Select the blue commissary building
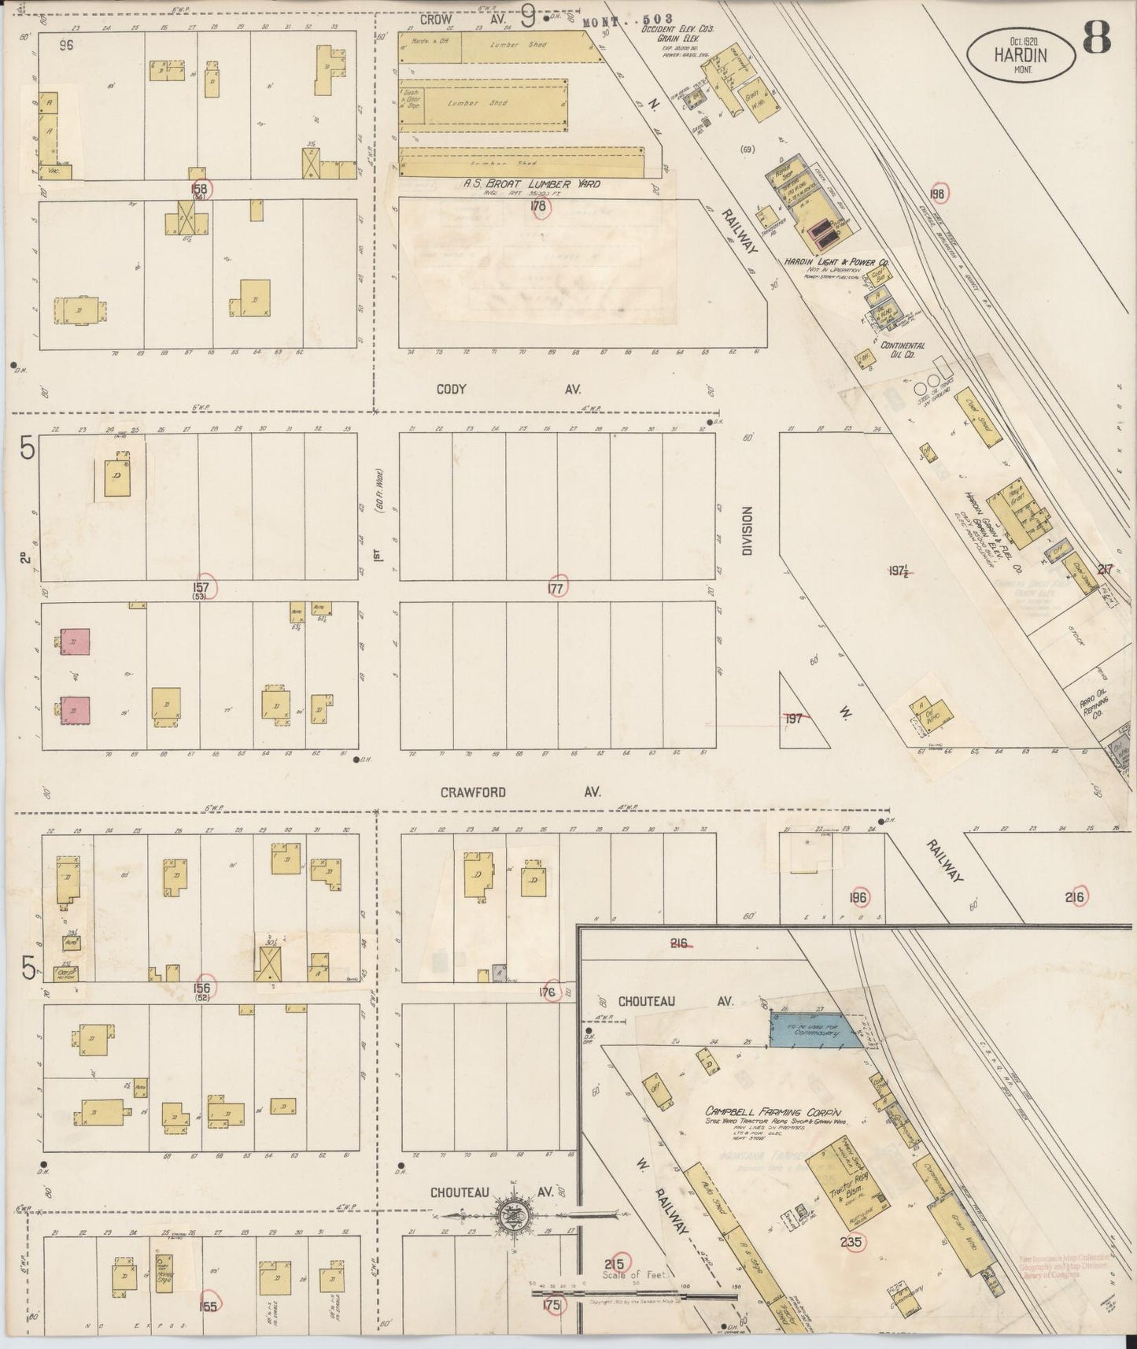pyautogui.click(x=817, y=1030)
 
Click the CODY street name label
pyautogui.click(x=452, y=389)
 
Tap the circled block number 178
pyautogui.click(x=539, y=207)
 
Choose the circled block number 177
pyautogui.click(x=558, y=587)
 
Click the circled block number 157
pyautogui.click(x=203, y=587)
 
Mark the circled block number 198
pyautogui.click(x=936, y=194)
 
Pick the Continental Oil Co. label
pyautogui.click(x=903, y=349)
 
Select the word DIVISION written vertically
pyautogui.click(x=747, y=530)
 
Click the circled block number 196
pyautogui.click(x=858, y=897)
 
